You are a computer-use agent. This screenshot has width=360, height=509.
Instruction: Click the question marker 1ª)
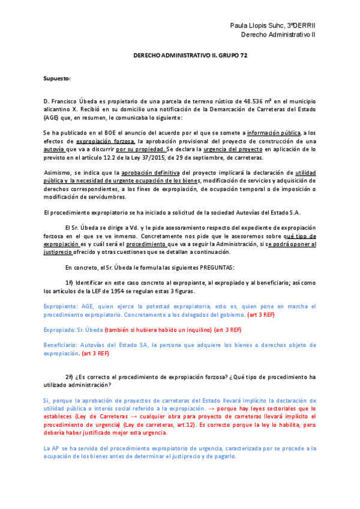(69, 283)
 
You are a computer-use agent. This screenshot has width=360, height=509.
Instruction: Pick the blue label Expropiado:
(59, 330)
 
